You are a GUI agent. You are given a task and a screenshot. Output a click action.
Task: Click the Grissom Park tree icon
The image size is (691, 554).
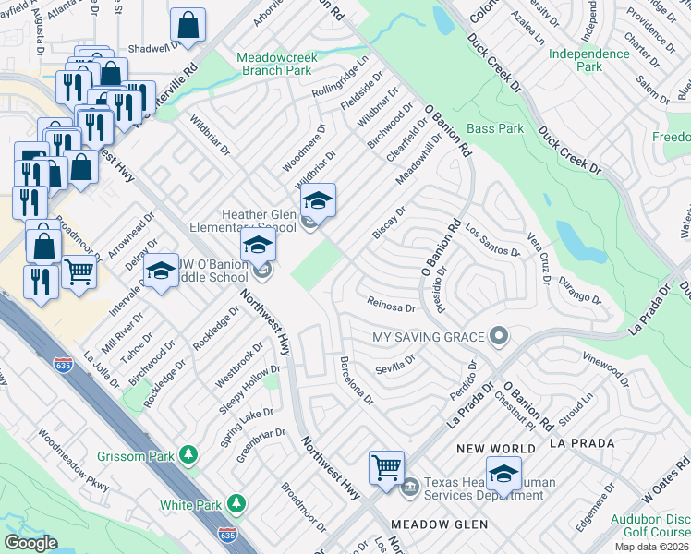point(189,454)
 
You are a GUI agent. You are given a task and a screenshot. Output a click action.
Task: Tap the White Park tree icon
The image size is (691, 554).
point(237,503)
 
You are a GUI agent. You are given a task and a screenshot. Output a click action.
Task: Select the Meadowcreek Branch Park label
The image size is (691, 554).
point(277,63)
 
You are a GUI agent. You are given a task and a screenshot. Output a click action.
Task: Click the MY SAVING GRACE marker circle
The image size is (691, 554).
point(500,335)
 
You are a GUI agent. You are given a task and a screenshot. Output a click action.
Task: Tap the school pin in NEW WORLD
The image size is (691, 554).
point(503,475)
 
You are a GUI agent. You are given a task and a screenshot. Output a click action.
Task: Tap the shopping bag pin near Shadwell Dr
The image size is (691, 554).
point(188,27)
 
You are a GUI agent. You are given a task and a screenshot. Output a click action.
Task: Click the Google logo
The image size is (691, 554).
point(30,543)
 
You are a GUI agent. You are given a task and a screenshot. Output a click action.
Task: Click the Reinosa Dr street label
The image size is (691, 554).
point(392,307)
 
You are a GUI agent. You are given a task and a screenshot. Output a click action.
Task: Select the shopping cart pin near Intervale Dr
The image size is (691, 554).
point(79,272)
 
